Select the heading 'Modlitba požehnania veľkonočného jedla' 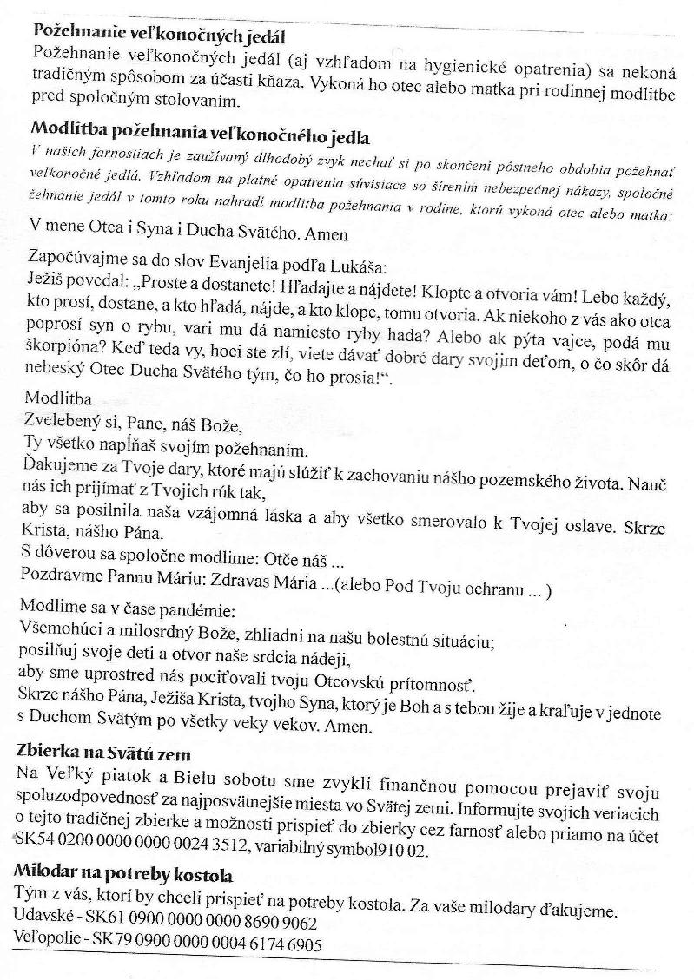coord(200,136)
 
